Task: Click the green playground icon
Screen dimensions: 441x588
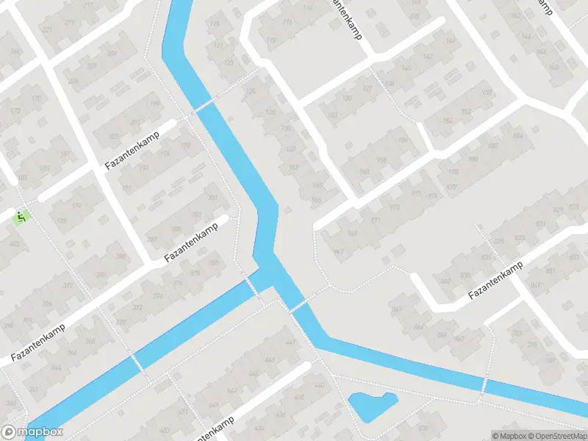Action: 21,217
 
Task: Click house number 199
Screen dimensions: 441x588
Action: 154,104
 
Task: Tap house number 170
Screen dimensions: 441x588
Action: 35,98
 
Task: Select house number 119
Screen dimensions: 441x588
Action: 215,24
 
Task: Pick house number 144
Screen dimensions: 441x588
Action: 526,36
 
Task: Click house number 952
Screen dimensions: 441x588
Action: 466,112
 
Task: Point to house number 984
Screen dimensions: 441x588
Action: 516,136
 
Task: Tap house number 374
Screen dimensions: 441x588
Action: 158,296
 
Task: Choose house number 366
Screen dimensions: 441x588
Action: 90,341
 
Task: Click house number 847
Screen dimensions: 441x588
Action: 398,309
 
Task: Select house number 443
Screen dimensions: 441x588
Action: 270,359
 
